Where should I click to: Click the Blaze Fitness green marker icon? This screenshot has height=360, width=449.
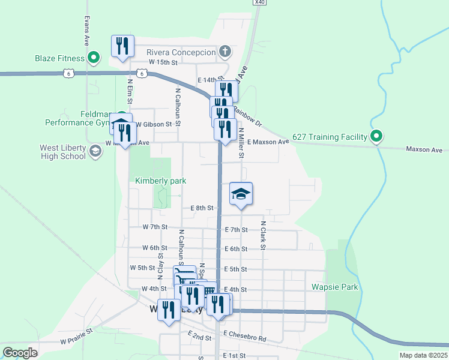(x=94, y=58)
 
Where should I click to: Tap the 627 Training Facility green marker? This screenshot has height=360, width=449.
(x=376, y=137)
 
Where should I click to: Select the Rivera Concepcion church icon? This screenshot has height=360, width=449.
(x=225, y=52)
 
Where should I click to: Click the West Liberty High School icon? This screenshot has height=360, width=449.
(x=94, y=151)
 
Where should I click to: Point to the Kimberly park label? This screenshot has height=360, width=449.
(x=160, y=181)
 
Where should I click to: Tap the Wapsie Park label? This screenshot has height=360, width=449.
(x=334, y=287)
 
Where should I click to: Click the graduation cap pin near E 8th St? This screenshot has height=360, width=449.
(x=241, y=194)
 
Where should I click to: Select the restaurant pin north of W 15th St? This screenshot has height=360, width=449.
(x=122, y=46)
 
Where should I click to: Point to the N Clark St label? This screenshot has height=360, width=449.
(x=263, y=235)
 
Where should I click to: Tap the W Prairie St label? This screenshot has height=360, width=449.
(x=76, y=335)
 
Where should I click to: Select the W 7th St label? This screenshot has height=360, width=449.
(x=155, y=227)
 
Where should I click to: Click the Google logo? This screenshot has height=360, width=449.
(x=20, y=353)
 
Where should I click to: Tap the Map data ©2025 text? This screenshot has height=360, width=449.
(x=423, y=355)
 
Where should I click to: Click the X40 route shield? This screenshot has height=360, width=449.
(x=259, y=2)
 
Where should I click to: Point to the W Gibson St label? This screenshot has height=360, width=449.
(x=154, y=124)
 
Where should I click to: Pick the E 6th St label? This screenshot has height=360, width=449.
(x=236, y=248)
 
